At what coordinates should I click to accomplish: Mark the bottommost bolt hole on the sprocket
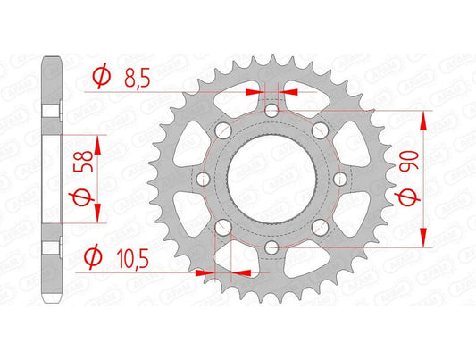click(x=271, y=247)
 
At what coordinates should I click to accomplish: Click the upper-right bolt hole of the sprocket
click(x=331, y=145)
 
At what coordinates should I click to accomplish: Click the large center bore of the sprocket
click(x=271, y=179)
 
